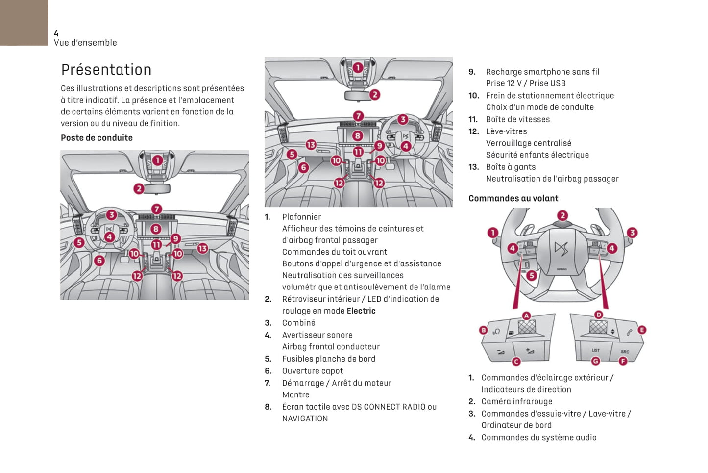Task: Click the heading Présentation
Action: pos(106,70)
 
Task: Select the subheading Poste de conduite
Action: pos(97,138)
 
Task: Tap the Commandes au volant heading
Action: pos(513,198)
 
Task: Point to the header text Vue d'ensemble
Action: pos(85,43)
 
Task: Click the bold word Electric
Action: pos(361,311)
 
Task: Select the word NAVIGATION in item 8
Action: pos(305,419)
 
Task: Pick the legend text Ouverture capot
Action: pos(312,371)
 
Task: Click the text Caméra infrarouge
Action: pos(516,401)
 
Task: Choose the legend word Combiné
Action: pos(298,323)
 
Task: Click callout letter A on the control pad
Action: pos(526,315)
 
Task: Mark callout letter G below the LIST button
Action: pos(595,361)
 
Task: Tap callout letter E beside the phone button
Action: pos(642,330)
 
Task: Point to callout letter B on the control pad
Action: pos(484,330)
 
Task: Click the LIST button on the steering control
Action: pos(595,350)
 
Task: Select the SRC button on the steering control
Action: pos(625,351)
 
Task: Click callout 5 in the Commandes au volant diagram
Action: pos(532,276)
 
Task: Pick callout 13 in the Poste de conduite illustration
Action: pos(202,249)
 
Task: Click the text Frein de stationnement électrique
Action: pos(550,96)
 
